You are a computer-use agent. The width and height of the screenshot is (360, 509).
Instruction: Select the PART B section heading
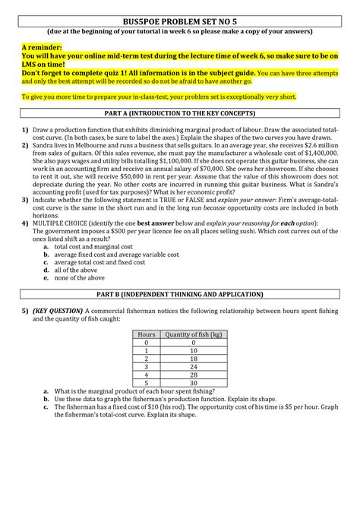click(179, 292)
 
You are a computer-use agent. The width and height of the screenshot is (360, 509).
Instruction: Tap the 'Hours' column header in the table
click(147, 334)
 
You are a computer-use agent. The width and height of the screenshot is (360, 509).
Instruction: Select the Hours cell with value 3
click(147, 366)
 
